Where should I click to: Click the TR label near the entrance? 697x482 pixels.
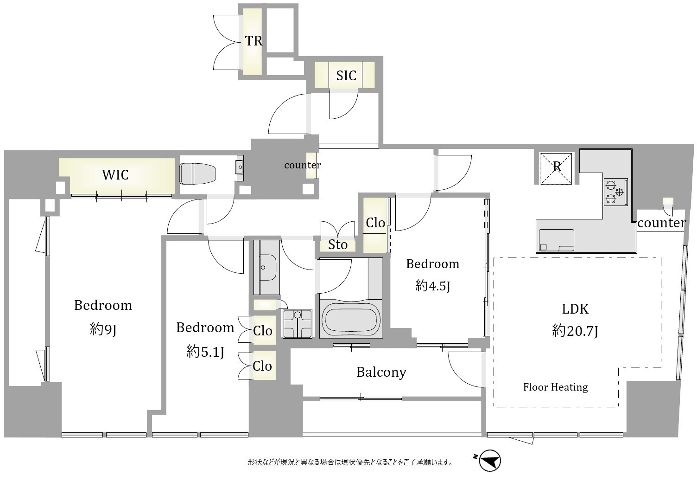click(253, 41)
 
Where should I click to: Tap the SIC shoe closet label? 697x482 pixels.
click(346, 76)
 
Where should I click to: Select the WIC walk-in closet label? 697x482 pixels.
click(115, 175)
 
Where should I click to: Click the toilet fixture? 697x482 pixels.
click(197, 173)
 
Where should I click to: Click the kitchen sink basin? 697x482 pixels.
click(557, 240)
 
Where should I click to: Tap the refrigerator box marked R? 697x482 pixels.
click(557, 168)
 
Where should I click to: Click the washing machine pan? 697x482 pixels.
click(297, 323)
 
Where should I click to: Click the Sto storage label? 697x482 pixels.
click(337, 245)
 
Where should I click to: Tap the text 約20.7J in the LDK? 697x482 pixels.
click(575, 331)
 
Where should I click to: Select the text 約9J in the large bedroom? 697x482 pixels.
click(103, 329)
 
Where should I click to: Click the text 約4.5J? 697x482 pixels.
click(432, 286)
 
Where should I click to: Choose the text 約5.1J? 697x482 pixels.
click(205, 352)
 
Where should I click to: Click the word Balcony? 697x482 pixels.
click(381, 373)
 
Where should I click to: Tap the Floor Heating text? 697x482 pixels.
click(555, 387)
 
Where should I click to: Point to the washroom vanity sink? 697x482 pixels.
click(266, 268)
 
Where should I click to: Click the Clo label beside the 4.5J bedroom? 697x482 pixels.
click(375, 223)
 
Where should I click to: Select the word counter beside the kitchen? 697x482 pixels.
click(661, 223)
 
